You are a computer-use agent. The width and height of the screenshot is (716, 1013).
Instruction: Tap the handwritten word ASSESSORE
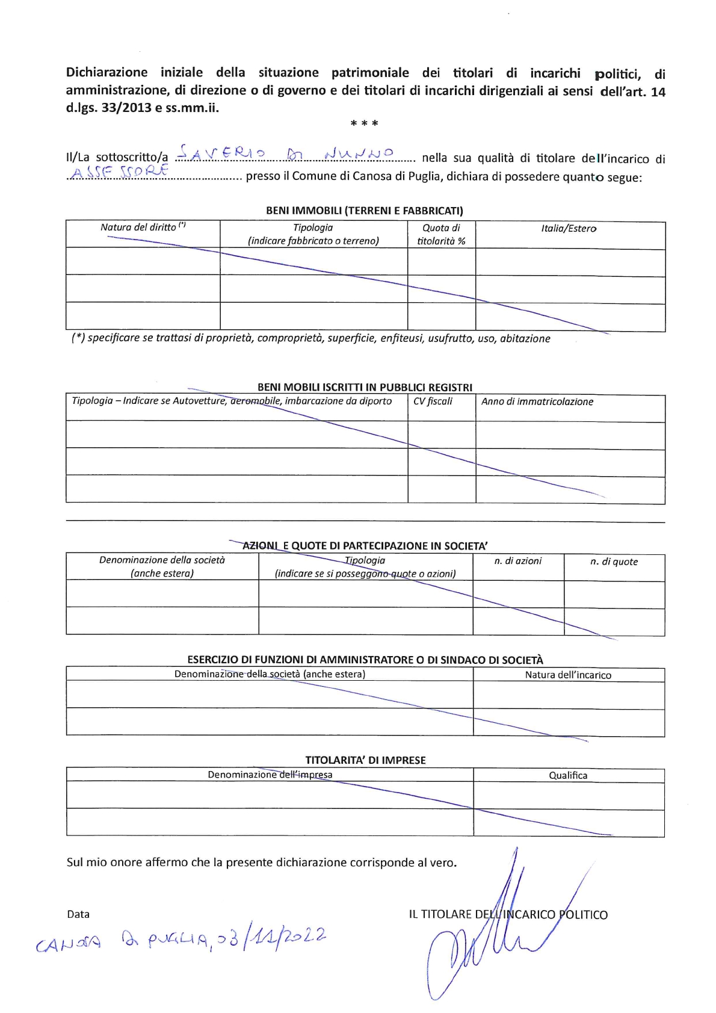tap(119, 173)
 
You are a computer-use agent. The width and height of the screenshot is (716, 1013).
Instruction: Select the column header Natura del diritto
tap(143, 228)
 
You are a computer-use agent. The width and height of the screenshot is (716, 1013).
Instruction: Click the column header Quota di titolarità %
tap(441, 234)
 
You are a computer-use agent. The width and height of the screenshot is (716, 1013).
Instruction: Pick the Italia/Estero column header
tap(569, 229)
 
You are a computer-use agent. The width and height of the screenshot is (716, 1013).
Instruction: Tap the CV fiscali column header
tap(433, 401)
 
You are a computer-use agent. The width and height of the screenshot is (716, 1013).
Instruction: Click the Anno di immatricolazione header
tap(537, 401)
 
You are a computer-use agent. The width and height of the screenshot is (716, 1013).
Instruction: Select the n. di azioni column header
tap(517, 561)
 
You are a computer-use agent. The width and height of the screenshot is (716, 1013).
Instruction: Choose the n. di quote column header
tap(614, 562)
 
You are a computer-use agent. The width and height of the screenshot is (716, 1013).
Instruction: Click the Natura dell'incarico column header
tap(568, 675)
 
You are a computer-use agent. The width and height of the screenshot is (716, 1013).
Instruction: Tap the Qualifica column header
tap(568, 775)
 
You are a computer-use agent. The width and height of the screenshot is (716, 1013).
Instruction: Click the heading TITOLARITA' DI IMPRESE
tap(365, 760)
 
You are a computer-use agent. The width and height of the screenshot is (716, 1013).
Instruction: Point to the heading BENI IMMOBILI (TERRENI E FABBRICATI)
tap(365, 211)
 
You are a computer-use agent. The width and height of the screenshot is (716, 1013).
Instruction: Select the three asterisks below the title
tap(364, 124)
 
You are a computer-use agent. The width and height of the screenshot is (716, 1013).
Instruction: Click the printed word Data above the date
tap(78, 914)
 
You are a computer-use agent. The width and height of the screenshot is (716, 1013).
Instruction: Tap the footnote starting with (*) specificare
tap(310, 338)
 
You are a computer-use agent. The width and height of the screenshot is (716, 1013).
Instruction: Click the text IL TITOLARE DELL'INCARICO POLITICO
tap(508, 915)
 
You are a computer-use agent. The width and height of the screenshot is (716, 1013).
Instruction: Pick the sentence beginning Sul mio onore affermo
tap(262, 863)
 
